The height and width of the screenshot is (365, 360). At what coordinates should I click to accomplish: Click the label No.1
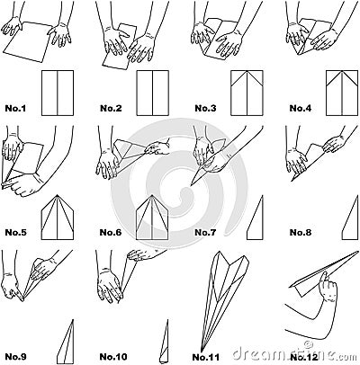click(17, 109)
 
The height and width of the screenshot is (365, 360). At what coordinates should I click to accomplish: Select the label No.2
click(111, 109)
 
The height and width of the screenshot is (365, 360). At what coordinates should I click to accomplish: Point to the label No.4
click(301, 109)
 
